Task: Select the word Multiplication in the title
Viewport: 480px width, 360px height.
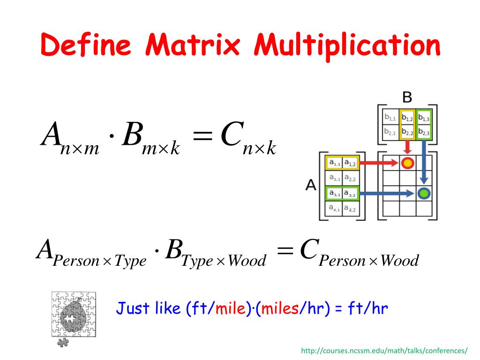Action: (346, 46)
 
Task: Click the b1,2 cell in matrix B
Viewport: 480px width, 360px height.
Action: (407, 118)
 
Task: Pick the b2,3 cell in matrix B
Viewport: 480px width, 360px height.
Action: (424, 132)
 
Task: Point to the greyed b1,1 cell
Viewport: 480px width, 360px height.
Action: (390, 118)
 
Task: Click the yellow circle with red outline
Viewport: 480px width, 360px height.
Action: (407, 163)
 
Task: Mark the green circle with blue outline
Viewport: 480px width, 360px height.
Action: (424, 193)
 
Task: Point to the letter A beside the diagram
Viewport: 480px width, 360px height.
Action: (311, 185)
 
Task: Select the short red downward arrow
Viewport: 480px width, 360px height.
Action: (407, 147)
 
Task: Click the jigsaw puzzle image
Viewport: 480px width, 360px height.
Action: (73, 314)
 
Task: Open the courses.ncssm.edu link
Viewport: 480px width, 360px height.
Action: (384, 351)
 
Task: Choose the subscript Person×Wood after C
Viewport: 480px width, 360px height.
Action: (368, 261)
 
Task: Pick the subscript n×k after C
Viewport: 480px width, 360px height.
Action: (259, 149)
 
